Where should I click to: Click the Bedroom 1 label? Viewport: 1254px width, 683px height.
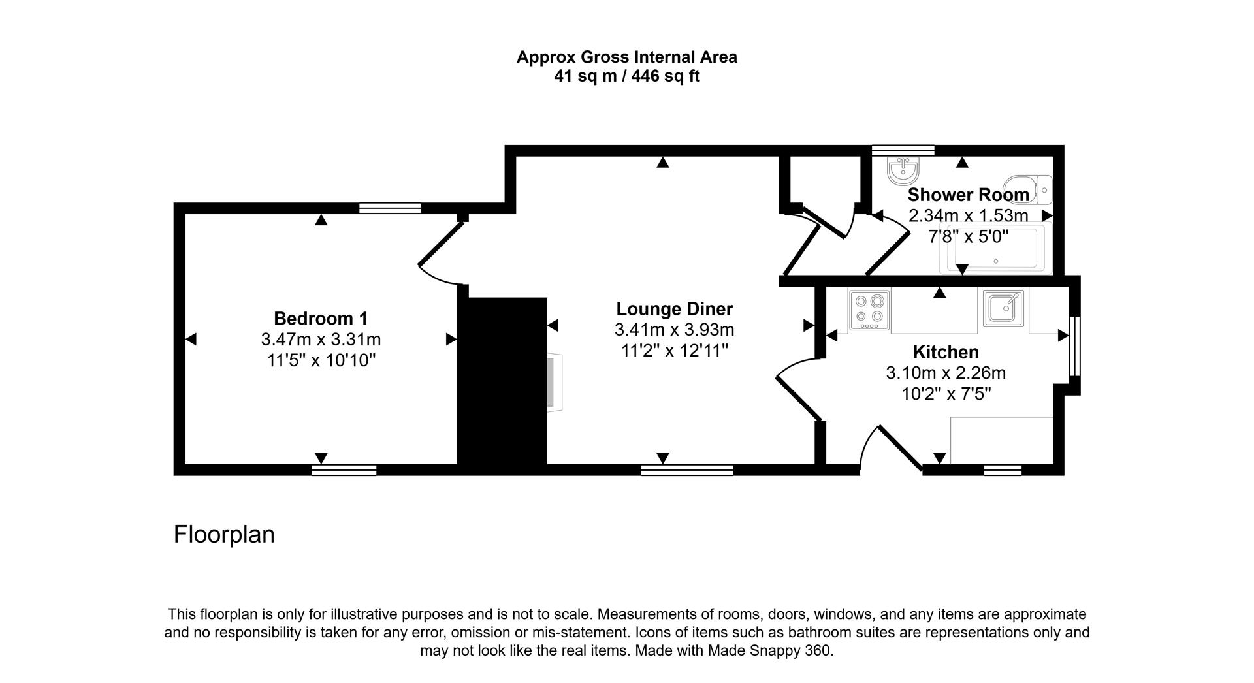321,319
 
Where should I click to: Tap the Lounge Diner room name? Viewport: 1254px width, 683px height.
675,309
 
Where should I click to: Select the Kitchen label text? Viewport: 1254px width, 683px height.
945,353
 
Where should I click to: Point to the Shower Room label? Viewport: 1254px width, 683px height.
968,195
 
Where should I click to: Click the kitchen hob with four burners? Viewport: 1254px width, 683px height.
869,310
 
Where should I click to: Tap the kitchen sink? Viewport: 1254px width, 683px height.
1004,308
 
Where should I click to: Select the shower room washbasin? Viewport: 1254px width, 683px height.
903,170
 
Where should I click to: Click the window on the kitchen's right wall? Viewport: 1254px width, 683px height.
1074,346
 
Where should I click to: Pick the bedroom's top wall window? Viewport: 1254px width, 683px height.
390,208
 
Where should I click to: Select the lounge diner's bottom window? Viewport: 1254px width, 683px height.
687,469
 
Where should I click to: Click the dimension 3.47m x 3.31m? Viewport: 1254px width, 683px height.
321,340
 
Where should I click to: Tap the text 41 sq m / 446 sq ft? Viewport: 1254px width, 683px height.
626,76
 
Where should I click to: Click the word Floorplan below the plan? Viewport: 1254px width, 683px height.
224,534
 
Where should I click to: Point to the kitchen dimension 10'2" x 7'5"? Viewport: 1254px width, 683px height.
945,394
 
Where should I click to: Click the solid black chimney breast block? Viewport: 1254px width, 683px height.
502,382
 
